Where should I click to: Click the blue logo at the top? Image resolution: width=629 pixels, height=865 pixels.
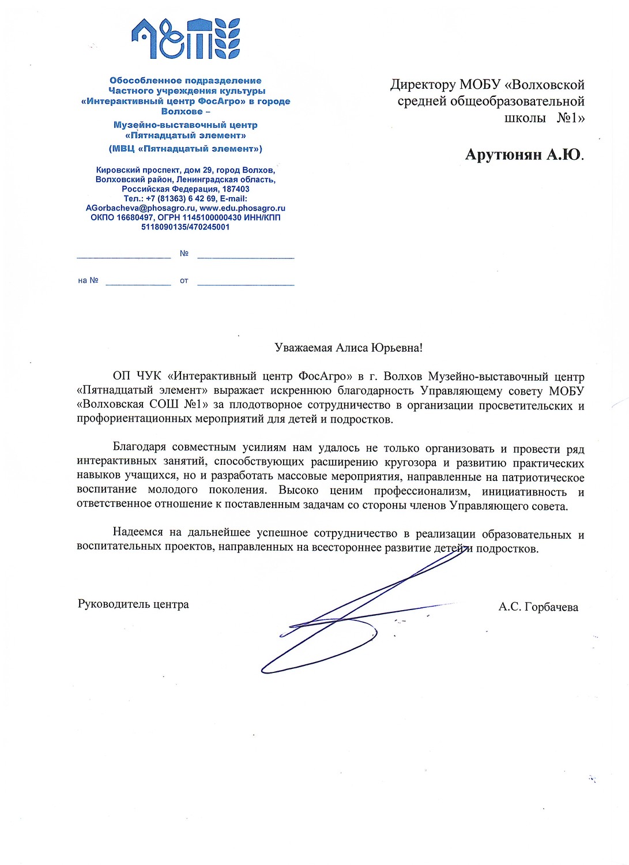(x=186, y=39)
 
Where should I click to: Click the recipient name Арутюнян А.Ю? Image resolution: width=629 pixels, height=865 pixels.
(x=524, y=155)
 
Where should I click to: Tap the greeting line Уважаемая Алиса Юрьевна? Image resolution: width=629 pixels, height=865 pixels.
(x=348, y=348)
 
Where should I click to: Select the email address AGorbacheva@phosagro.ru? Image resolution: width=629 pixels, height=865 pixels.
(x=141, y=208)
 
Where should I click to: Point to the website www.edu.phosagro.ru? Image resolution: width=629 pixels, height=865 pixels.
(x=242, y=208)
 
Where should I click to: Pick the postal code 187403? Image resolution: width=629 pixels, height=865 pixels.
(x=236, y=189)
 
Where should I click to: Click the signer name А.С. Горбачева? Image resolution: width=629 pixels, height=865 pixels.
(x=538, y=607)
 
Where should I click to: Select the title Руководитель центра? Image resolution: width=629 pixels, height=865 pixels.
(x=133, y=604)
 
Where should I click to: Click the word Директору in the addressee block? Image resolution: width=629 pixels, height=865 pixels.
(x=423, y=85)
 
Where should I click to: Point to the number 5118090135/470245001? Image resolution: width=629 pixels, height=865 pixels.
(x=186, y=227)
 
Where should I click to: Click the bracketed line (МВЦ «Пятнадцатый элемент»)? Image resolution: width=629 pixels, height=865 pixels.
(x=186, y=149)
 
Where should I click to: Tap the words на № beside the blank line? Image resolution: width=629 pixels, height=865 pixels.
(x=88, y=281)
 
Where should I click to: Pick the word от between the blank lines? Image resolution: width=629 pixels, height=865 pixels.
(x=184, y=281)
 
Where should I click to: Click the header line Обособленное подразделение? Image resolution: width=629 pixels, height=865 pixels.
(x=186, y=81)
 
